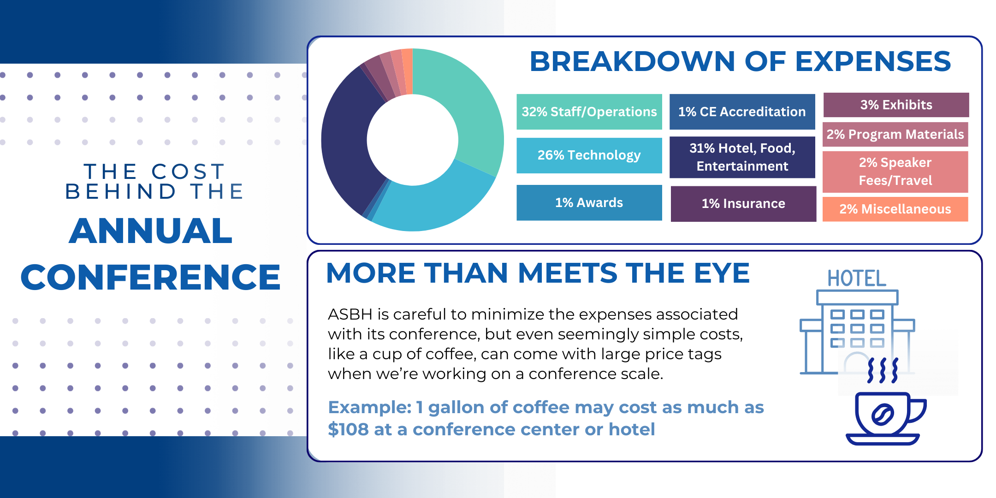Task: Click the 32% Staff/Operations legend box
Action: pos(589,112)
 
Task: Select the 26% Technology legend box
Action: pos(589,155)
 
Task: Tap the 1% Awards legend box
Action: pos(589,202)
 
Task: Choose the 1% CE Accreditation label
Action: pos(741,112)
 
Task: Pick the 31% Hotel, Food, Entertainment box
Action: pos(741,157)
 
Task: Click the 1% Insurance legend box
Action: pos(743,203)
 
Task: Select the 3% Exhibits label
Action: pos(895,105)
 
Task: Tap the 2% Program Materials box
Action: pos(895,134)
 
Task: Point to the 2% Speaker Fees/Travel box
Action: pos(895,172)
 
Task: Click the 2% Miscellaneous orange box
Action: pos(895,209)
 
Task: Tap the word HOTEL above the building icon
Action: pos(856,279)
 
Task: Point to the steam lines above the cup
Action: pos(882,370)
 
